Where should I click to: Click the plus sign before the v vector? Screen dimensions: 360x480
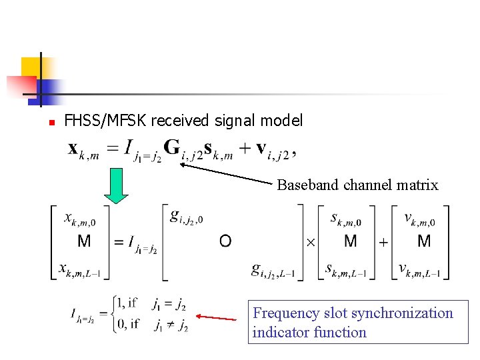tap(383, 243)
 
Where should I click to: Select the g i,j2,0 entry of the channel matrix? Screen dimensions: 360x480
tap(186, 217)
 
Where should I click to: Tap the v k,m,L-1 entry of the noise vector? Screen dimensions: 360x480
tap(422, 270)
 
